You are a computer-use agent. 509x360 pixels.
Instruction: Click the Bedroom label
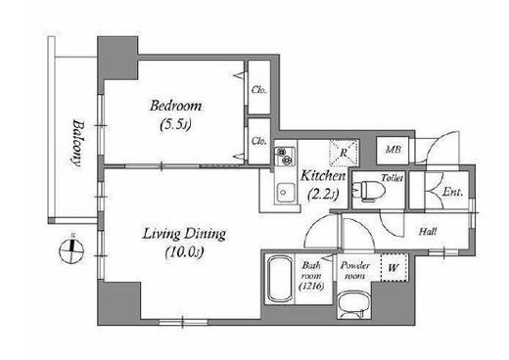tap(175, 107)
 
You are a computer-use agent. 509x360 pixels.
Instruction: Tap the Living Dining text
tap(184, 234)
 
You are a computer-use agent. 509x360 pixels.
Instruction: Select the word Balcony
tap(78, 144)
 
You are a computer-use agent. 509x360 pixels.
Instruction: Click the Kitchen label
tap(323, 176)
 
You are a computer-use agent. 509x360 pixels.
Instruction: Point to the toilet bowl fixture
tap(369, 190)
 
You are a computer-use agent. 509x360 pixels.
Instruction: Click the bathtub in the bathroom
tap(280, 280)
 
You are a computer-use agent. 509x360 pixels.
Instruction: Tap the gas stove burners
tap(285, 156)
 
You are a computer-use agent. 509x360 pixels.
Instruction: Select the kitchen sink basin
tap(286, 193)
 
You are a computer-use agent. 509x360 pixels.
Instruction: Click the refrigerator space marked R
tap(344, 153)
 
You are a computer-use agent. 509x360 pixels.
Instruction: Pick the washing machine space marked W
tap(393, 268)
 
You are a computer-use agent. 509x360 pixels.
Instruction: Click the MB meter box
tap(393, 150)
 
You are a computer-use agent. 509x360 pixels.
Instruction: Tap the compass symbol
tap(71, 251)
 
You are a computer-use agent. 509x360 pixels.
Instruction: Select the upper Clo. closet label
tap(259, 90)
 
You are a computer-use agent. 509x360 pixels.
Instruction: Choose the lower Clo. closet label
tap(259, 141)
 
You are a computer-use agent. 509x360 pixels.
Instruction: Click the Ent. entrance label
tap(452, 192)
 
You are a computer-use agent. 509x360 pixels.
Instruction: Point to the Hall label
tap(428, 232)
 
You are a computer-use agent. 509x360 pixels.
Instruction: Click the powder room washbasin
tap(353, 304)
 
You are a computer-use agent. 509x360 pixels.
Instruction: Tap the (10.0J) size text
tap(185, 252)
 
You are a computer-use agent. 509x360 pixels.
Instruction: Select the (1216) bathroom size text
tap(311, 287)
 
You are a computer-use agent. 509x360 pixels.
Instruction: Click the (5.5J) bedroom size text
tap(175, 125)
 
